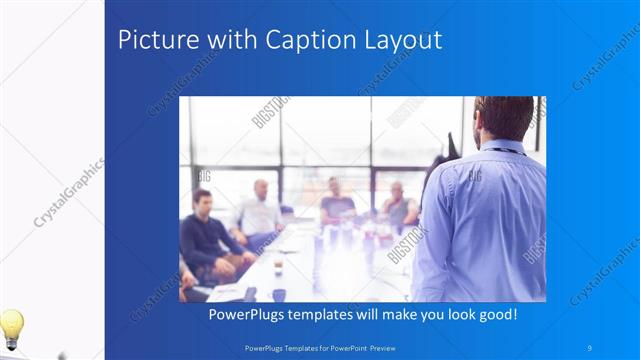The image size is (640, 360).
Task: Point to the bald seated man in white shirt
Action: tap(260, 210)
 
